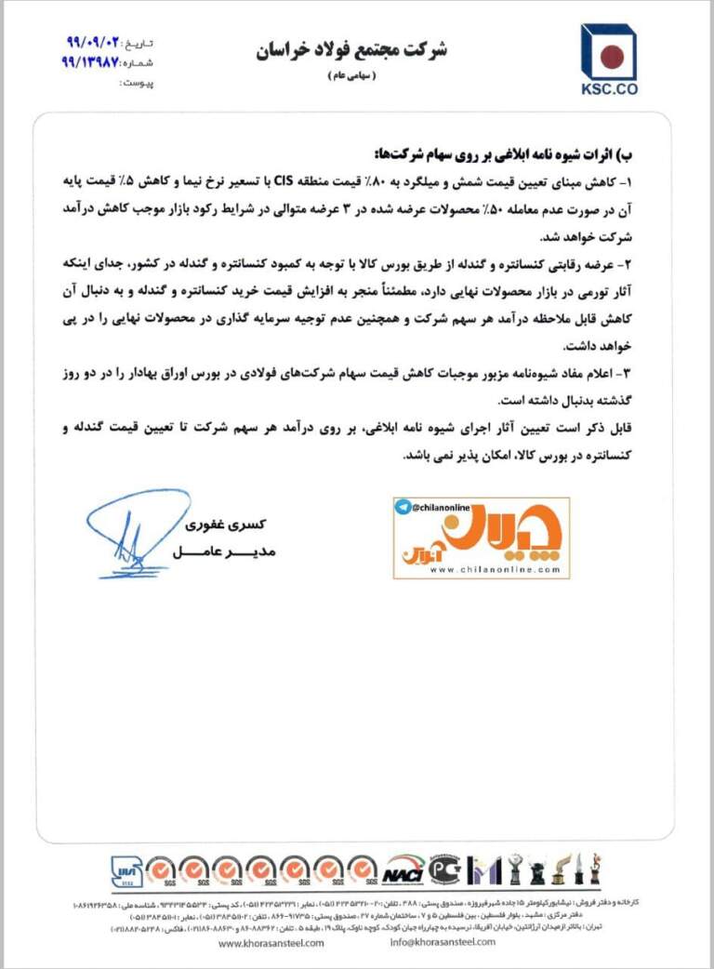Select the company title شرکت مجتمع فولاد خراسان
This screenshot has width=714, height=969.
[x=352, y=50]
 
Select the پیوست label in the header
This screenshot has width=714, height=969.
[x=139, y=83]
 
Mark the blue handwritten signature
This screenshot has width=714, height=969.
[x=135, y=531]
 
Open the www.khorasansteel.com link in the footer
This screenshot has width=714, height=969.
[x=271, y=942]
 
